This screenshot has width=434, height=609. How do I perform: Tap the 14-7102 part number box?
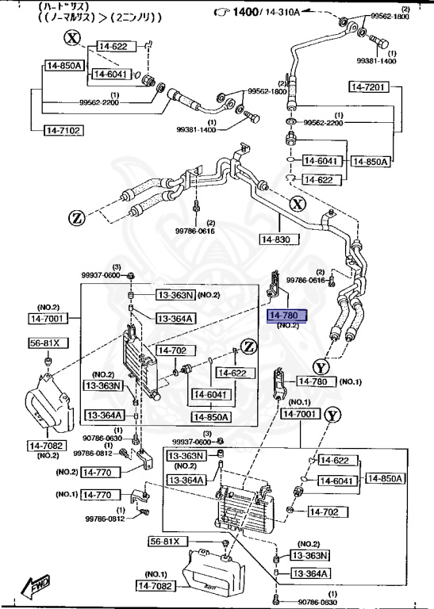coord(52,128)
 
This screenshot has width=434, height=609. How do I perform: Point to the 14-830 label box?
coord(278,239)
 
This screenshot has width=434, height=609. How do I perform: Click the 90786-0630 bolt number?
coord(103,438)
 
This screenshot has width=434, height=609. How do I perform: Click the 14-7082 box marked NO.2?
coord(49,445)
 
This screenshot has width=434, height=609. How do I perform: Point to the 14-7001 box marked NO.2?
coord(49,318)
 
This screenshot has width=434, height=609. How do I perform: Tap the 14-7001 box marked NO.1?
coord(300,414)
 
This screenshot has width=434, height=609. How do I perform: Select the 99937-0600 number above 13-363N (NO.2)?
coord(100,274)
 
